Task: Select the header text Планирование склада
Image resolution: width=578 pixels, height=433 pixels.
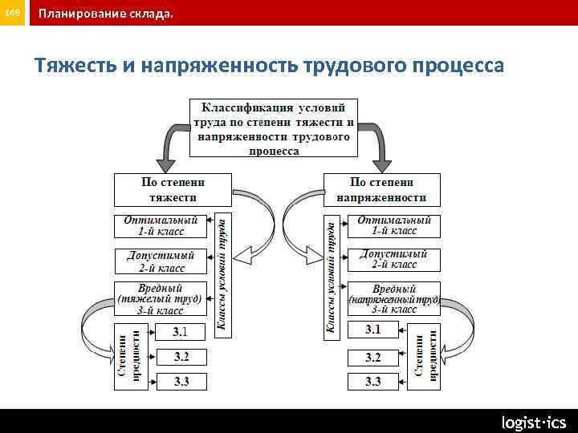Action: tap(104, 14)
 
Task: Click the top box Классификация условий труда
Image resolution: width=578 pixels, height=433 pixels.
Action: tap(273, 127)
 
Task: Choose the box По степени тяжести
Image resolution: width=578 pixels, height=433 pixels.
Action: tap(173, 190)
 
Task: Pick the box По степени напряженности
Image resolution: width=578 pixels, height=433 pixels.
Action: tap(381, 190)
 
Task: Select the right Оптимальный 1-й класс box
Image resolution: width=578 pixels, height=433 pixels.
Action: tap(393, 225)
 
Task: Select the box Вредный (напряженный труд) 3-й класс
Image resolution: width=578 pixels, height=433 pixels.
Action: tap(393, 298)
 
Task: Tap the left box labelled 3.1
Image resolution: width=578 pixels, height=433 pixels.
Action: tap(181, 330)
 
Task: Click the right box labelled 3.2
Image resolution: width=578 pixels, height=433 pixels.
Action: tap(373, 356)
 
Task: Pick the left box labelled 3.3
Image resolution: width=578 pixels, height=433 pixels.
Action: tap(181, 382)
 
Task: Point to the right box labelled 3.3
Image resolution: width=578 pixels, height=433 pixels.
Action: tap(373, 382)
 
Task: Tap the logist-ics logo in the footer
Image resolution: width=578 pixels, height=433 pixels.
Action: tap(534, 422)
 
